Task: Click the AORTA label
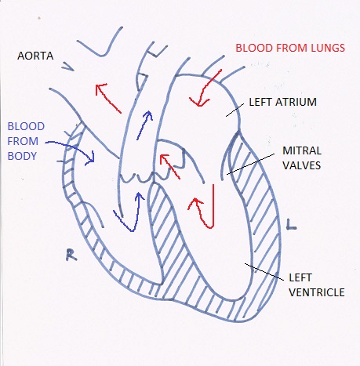click(35, 56)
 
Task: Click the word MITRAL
click(302, 150)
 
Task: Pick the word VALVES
click(302, 165)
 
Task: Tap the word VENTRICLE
click(317, 292)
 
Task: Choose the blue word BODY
click(22, 156)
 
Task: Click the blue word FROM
click(23, 141)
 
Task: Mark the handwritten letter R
click(71, 255)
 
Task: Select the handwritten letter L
click(291, 225)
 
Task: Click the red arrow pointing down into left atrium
click(205, 89)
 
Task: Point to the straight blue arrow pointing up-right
click(144, 125)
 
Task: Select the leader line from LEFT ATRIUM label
click(235, 110)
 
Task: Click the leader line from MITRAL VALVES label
click(250, 164)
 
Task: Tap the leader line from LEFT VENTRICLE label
click(264, 272)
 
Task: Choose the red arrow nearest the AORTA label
click(108, 98)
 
